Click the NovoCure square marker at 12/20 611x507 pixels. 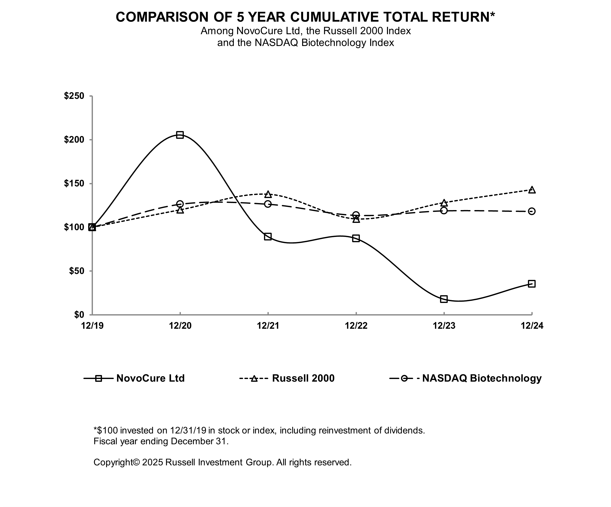180,135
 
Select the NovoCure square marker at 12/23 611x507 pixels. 444,299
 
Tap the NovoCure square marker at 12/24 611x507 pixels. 532,284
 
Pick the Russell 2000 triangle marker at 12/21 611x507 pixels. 268,194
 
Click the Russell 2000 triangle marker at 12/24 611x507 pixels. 532,190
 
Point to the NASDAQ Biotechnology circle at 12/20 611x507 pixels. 180,204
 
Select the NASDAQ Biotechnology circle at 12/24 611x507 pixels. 532,211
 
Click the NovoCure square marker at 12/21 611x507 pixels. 268,236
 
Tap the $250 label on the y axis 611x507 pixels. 74,96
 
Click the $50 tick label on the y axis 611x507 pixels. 77,271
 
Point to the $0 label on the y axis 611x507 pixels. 79,314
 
